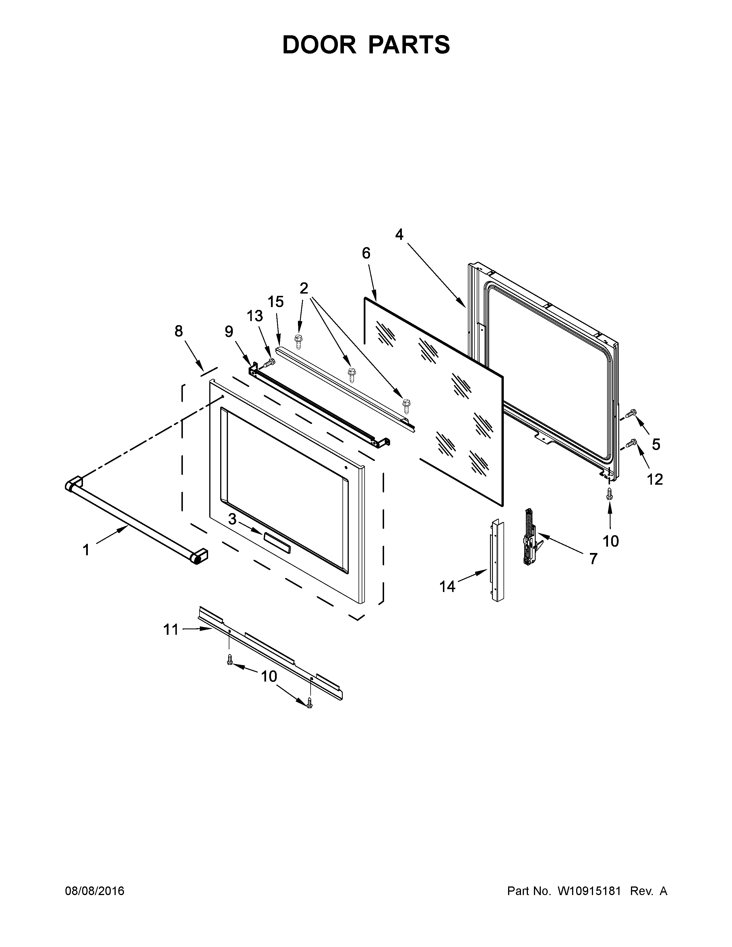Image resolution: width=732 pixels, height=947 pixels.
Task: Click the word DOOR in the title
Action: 319,45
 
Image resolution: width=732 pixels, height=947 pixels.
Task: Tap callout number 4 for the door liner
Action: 399,234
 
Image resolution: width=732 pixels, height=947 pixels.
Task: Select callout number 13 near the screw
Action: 255,316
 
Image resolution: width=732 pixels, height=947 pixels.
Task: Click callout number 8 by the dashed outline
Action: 179,331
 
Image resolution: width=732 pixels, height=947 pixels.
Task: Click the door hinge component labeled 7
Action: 530,538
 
